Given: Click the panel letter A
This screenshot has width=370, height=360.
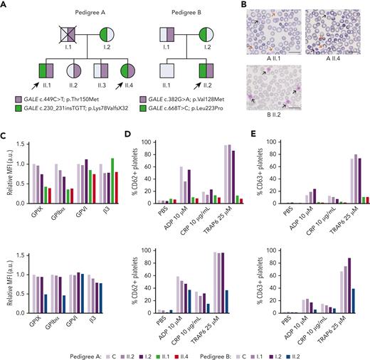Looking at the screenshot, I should [4, 5].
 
